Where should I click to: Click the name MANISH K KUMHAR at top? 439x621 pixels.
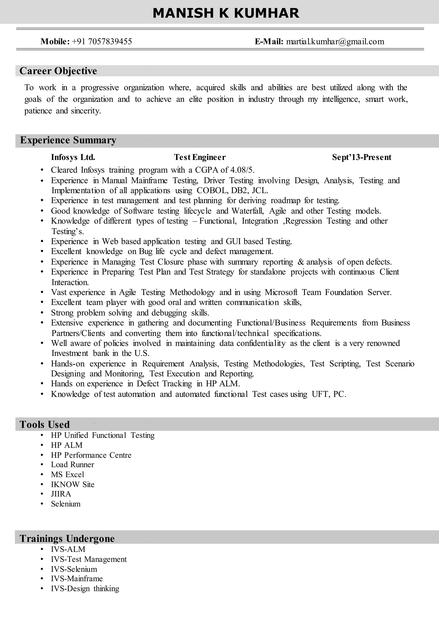(x=226, y=13)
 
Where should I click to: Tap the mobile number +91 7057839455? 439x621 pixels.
(x=102, y=41)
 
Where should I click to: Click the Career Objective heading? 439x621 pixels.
(x=58, y=71)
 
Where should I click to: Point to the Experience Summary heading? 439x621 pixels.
(x=68, y=140)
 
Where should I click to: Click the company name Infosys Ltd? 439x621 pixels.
(x=73, y=157)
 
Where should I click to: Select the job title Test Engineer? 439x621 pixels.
(x=200, y=157)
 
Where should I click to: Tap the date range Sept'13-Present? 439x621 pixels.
(x=361, y=157)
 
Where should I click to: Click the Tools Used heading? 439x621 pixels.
(x=45, y=424)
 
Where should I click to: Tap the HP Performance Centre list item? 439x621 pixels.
(x=91, y=455)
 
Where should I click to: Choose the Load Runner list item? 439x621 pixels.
(x=72, y=465)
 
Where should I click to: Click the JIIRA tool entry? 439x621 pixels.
(x=61, y=494)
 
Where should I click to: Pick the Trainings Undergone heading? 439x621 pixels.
(x=67, y=538)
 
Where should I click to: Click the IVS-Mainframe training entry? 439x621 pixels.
(x=77, y=579)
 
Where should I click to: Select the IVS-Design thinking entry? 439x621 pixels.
(x=85, y=589)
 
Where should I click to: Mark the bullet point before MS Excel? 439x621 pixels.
(x=42, y=475)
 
